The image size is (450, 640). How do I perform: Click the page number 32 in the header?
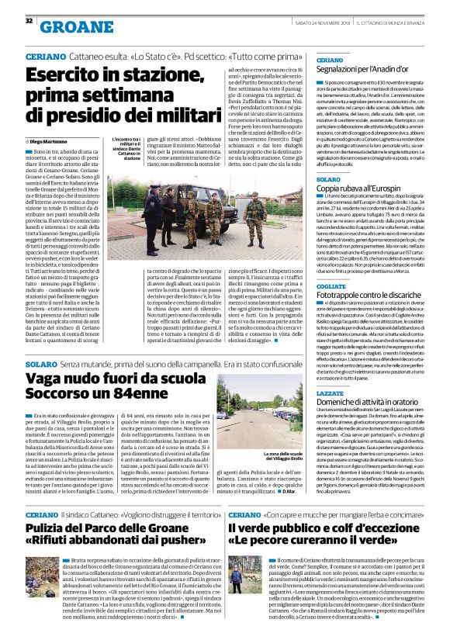click(x=29, y=20)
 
